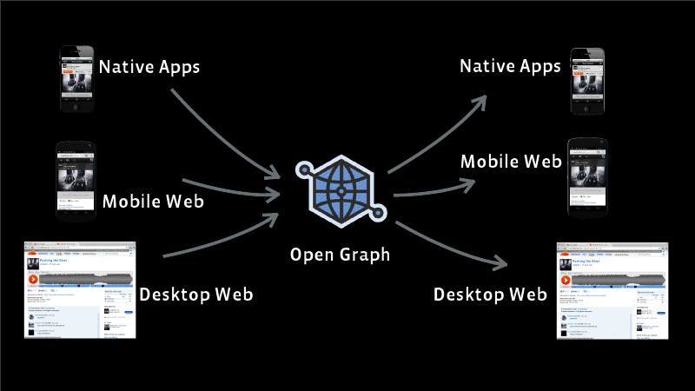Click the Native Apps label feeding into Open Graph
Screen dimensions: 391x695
[x=149, y=66]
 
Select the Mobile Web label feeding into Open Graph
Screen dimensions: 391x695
[x=153, y=202]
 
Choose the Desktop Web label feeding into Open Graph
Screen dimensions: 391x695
[x=196, y=294]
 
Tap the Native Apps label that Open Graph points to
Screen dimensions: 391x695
[x=511, y=66]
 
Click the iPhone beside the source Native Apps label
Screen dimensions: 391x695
[x=75, y=79]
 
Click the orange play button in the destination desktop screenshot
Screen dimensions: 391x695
[x=566, y=279]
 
